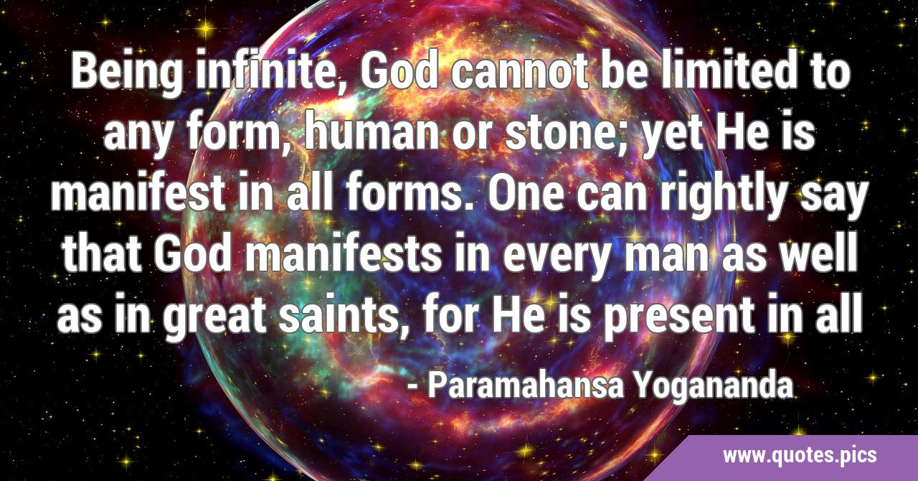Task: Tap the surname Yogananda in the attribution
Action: (714, 388)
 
